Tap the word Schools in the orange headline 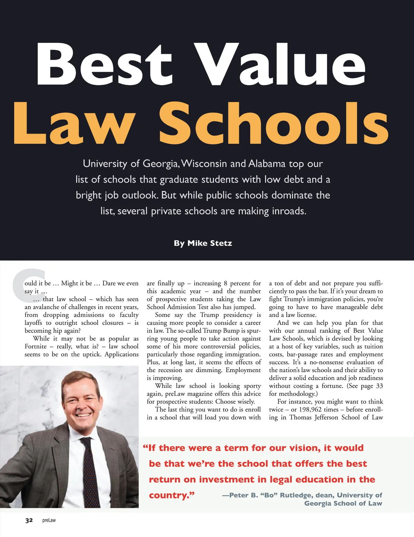pos(273,123)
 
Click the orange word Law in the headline pos(73,123)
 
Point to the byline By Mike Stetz pos(203,243)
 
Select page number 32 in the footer pos(29,520)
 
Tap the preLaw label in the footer pos(49,520)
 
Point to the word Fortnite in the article pos(36,346)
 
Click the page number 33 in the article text pos(379,386)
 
